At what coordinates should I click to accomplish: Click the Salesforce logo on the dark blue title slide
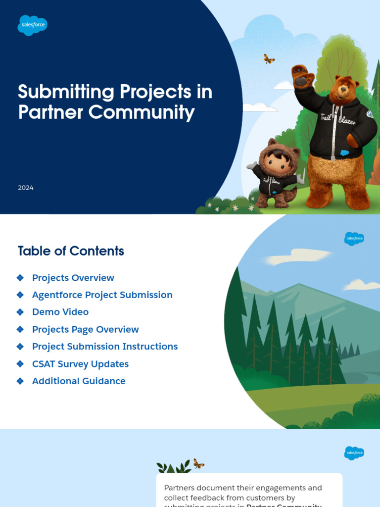coord(32,25)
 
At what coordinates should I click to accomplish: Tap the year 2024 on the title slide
coord(26,188)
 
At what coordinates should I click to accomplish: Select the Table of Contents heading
coord(71,251)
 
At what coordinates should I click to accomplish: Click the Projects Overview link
coord(73,278)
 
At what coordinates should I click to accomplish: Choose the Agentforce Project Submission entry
coord(102,295)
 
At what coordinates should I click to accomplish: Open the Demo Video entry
coord(60,312)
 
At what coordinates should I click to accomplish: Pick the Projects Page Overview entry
coord(86,329)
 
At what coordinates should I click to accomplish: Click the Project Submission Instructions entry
coord(105,347)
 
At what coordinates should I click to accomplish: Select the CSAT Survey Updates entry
coord(80,364)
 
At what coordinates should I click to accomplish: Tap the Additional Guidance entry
coord(79,381)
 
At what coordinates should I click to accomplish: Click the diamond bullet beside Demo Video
coord(20,312)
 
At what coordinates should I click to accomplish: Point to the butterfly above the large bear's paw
coord(269,59)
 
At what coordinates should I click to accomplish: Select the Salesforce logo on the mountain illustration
coord(354,239)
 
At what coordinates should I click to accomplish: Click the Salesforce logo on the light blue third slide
coord(354,453)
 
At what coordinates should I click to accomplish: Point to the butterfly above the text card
coord(198,464)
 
